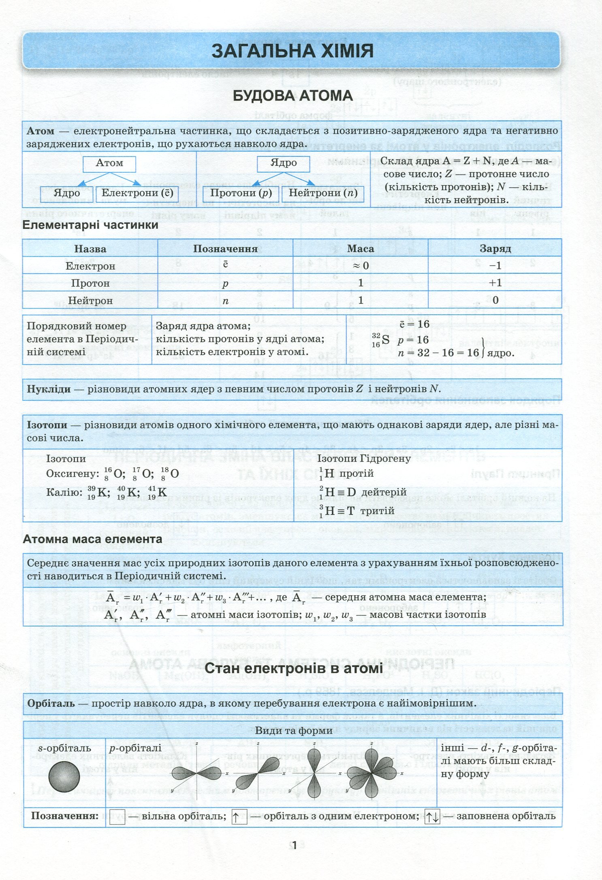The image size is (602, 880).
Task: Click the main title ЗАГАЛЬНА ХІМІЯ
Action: click(292, 52)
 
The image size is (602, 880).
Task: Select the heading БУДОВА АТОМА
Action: click(292, 96)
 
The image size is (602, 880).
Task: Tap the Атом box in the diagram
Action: click(109, 163)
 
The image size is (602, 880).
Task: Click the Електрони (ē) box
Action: click(137, 193)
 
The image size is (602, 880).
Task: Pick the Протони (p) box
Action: click(241, 193)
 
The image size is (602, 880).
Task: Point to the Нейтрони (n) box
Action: click(323, 193)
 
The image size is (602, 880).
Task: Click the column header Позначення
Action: click(225, 249)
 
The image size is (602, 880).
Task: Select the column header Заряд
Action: click(495, 249)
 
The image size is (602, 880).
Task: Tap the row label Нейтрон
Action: click(90, 300)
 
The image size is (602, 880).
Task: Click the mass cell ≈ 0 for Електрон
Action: click(360, 266)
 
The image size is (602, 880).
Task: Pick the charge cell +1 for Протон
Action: click(495, 283)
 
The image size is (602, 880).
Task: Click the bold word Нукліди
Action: click(49, 389)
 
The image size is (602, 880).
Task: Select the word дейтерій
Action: click(384, 492)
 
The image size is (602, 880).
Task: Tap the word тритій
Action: click(377, 511)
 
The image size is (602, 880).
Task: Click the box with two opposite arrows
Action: click(432, 816)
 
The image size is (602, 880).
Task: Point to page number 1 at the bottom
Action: click(295, 846)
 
